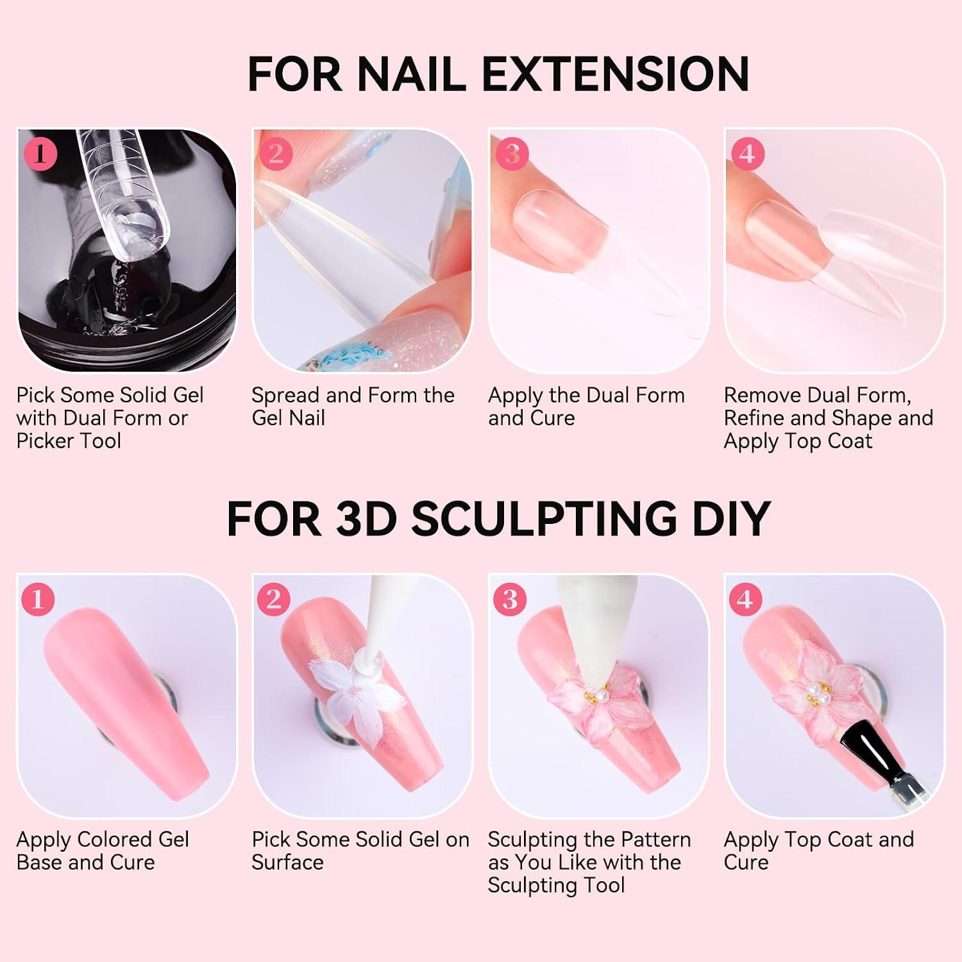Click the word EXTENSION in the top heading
click(x=615, y=74)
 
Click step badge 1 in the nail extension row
click(x=40, y=154)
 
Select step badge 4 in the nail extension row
click(x=747, y=154)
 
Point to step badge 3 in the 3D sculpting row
click(x=510, y=599)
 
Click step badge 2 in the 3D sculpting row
click(x=274, y=599)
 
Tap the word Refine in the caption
click(x=754, y=418)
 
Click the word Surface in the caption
click(x=287, y=863)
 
